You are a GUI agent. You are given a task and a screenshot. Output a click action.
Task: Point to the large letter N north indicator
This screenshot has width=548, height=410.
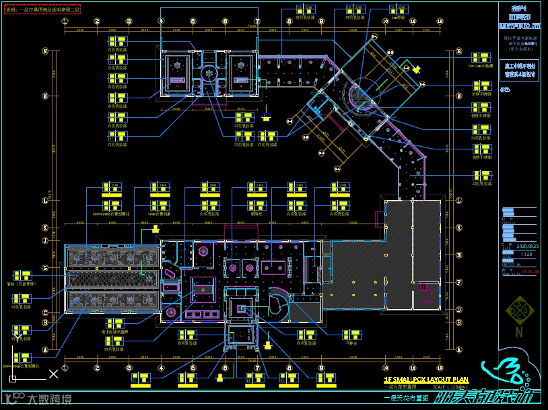(519, 331)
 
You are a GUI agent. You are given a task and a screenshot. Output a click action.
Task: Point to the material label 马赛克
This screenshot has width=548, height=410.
(351, 343)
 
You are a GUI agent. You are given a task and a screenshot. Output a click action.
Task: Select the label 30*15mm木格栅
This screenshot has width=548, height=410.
(481, 67)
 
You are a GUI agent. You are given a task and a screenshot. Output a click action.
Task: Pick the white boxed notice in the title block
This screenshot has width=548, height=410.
(519, 71)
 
